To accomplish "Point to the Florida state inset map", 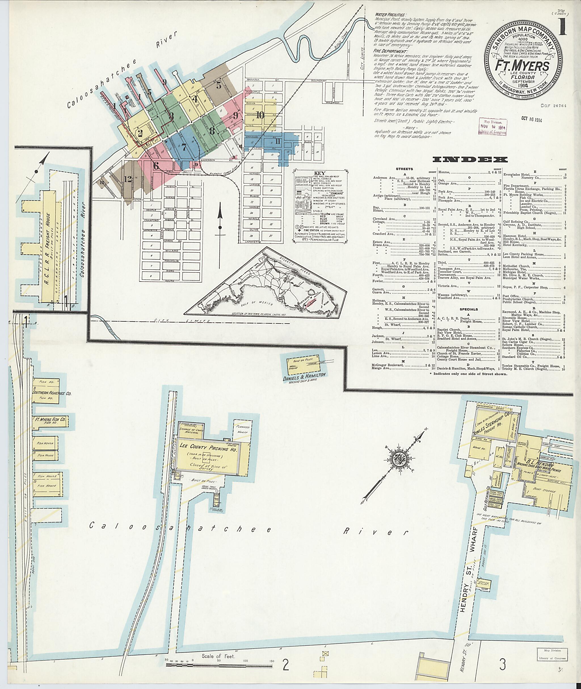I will [x=266, y=284].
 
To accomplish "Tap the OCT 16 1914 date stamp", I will [x=531, y=120].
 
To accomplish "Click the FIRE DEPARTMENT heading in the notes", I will [x=390, y=52].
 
